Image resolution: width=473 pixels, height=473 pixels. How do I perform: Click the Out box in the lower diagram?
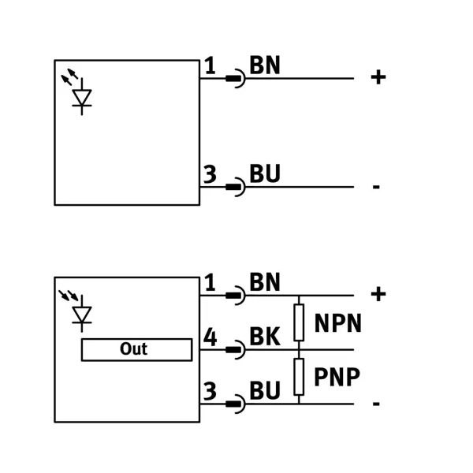click(136, 349)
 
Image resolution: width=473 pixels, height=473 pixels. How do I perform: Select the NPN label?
click(338, 323)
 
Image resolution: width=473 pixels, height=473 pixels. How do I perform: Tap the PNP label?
click(337, 377)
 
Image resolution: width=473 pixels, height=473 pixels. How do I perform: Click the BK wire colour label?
click(265, 336)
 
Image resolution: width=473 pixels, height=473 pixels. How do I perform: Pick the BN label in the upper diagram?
click(265, 65)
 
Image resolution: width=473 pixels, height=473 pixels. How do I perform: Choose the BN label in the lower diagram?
click(265, 281)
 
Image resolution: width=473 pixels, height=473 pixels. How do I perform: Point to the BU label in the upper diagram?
click(265, 173)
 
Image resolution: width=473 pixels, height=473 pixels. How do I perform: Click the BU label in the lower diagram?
click(265, 390)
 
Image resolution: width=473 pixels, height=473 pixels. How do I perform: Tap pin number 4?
click(210, 337)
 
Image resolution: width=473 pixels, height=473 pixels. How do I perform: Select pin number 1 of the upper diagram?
click(210, 65)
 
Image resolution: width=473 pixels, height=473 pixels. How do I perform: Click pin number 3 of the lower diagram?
click(210, 391)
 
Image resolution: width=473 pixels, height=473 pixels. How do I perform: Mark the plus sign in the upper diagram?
click(378, 77)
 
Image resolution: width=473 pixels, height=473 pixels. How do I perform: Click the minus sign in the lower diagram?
click(376, 404)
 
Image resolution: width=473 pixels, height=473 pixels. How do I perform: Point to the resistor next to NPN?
click(299, 322)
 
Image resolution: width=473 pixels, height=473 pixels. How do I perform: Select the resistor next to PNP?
click(299, 377)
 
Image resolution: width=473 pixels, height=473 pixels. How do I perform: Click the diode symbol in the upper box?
click(82, 97)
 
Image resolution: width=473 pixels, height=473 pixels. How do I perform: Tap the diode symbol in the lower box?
click(82, 315)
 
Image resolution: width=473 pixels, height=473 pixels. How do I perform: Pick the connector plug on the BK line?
click(236, 349)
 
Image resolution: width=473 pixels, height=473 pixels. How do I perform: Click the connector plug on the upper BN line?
click(236, 78)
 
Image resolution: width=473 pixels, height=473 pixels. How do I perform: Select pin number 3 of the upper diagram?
click(210, 174)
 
